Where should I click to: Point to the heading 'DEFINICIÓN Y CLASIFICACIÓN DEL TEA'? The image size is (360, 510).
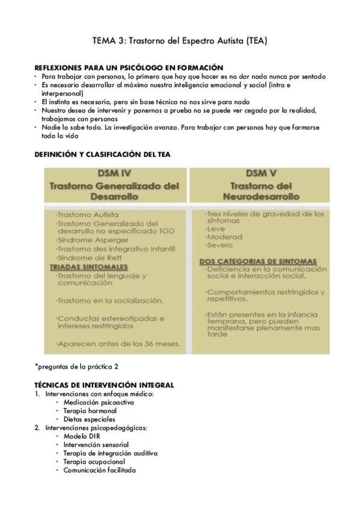tap(103, 155)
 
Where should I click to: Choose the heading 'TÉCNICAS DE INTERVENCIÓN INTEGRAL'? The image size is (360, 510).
tap(104, 384)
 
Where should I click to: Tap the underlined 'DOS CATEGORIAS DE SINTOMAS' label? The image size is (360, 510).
tap(258, 261)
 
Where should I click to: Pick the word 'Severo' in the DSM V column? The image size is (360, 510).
tap(219, 245)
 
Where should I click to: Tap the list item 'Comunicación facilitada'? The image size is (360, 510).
tap(100, 470)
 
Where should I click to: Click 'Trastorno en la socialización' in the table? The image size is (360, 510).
tap(109, 300)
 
